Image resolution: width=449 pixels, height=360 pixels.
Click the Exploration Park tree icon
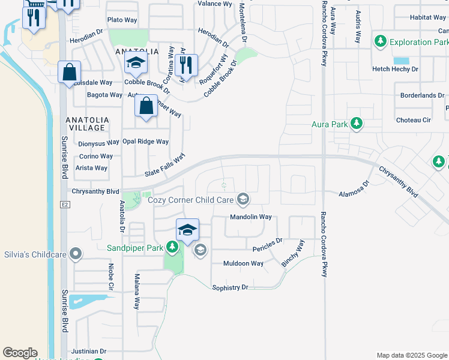380,42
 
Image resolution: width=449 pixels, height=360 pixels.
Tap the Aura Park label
331,125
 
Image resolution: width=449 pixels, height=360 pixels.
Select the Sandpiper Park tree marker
172,247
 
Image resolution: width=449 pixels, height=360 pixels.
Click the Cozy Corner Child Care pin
243,198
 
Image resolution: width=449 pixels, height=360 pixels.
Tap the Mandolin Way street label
251,217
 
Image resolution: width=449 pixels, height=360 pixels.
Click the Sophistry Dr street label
230,288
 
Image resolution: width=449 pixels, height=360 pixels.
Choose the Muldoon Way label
243,263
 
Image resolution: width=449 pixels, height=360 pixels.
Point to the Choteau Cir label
414,120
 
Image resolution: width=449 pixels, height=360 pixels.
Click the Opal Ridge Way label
145,142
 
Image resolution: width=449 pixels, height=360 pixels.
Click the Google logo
20,353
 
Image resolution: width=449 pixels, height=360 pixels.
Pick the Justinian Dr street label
88,351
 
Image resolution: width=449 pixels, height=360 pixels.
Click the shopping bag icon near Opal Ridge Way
146,107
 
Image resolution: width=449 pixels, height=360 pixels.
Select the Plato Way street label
122,20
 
